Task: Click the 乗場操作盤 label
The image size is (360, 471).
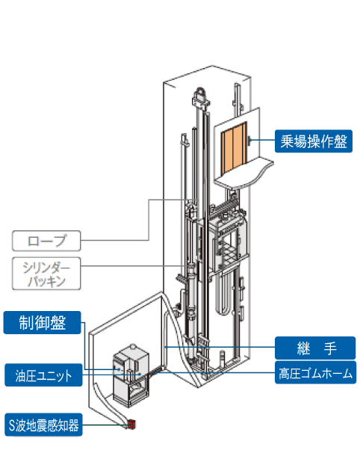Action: pyautogui.click(x=314, y=141)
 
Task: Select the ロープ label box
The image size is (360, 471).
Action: pyautogui.click(x=46, y=241)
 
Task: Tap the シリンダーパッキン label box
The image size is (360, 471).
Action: pyautogui.click(x=46, y=274)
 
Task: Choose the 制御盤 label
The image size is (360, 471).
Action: pyautogui.click(x=43, y=323)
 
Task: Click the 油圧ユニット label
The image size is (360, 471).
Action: pyautogui.click(x=43, y=375)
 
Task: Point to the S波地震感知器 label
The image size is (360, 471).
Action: pyautogui.click(x=43, y=425)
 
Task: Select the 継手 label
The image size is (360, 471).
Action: pyautogui.click(x=315, y=348)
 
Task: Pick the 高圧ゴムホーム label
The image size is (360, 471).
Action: pyautogui.click(x=315, y=373)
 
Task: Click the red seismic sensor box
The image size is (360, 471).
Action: pyautogui.click(x=131, y=424)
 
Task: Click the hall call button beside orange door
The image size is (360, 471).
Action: pyautogui.click(x=249, y=140)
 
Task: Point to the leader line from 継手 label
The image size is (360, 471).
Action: pyautogui.click(x=220, y=347)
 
